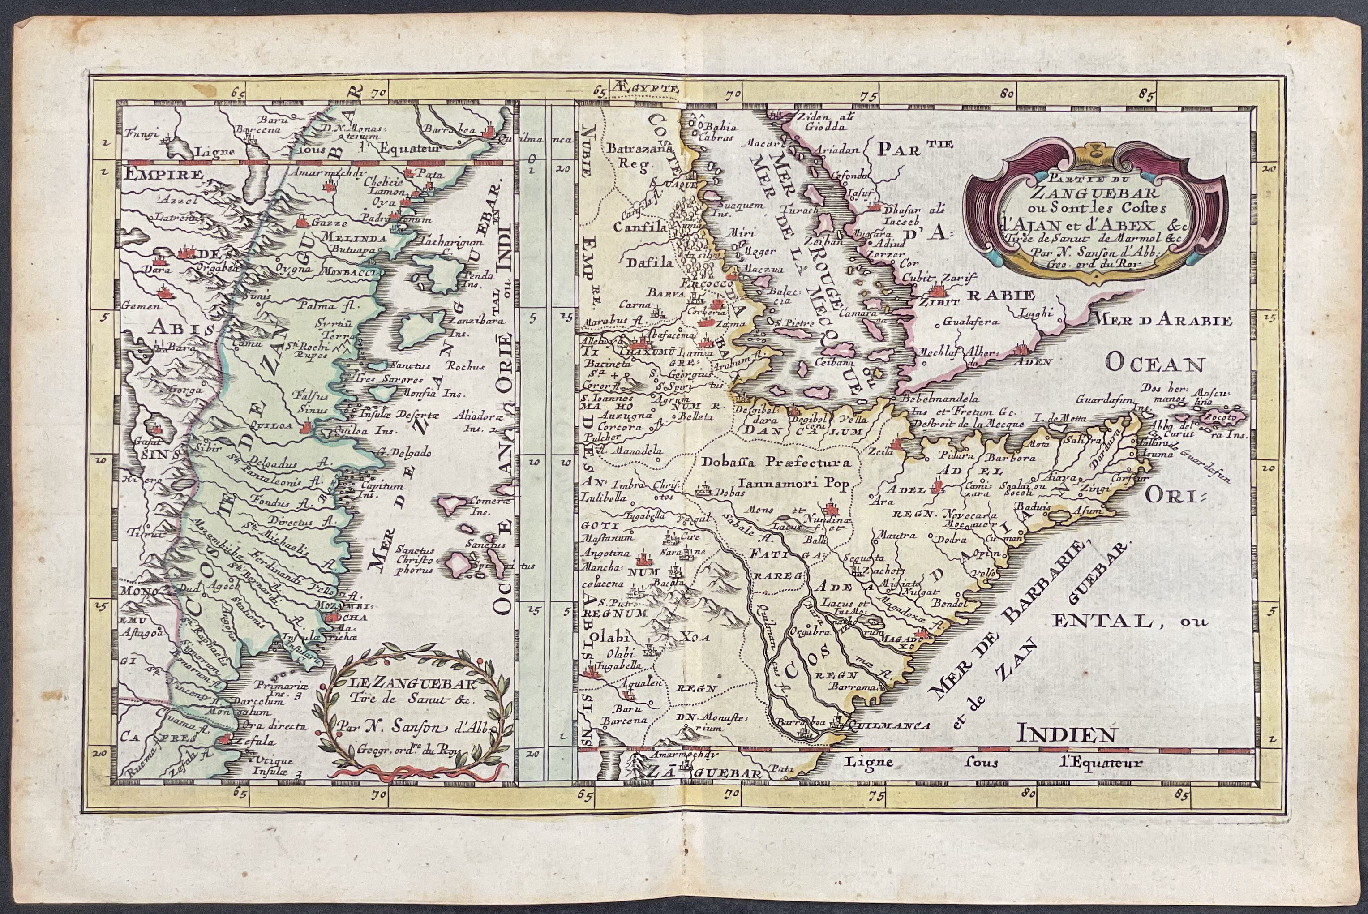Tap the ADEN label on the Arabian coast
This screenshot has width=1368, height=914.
[1034, 361]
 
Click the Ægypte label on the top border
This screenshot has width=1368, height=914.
[646, 89]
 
